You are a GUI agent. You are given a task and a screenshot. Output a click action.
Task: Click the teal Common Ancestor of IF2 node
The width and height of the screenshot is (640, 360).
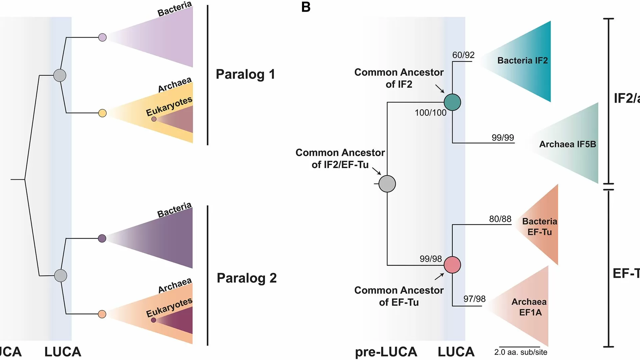click(452, 102)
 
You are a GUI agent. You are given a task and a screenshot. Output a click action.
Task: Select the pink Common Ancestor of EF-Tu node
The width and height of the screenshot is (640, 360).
click(452, 265)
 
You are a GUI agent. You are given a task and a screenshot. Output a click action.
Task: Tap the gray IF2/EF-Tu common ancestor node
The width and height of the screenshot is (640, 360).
click(387, 184)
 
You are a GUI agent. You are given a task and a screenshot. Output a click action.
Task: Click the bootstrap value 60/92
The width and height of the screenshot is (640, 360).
click(463, 55)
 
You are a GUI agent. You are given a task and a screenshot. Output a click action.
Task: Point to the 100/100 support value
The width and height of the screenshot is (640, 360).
click(430, 113)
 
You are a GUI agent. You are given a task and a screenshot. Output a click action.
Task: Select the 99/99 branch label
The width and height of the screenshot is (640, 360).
click(503, 137)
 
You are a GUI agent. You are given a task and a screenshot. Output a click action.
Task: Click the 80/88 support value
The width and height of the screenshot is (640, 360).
click(500, 219)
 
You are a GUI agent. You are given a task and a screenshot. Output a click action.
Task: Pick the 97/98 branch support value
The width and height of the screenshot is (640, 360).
click(474, 299)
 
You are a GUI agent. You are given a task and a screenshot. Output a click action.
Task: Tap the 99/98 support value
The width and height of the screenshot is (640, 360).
click(431, 259)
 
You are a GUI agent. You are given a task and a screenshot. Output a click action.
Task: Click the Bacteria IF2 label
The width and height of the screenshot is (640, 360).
click(522, 60)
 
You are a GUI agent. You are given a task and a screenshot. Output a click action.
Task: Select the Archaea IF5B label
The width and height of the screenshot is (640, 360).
click(567, 144)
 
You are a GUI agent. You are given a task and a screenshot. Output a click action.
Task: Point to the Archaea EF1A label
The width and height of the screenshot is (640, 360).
click(529, 307)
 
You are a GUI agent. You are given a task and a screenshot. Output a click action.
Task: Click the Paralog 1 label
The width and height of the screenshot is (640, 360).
click(245, 74)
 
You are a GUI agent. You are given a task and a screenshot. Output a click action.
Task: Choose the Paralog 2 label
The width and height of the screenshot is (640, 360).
click(247, 278)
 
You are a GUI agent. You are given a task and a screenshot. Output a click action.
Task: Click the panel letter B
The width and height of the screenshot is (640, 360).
click(306, 7)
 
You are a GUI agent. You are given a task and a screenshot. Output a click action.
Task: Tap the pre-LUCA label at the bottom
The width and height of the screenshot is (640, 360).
click(386, 352)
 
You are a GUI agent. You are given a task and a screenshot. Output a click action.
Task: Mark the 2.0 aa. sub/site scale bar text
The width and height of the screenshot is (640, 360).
click(521, 352)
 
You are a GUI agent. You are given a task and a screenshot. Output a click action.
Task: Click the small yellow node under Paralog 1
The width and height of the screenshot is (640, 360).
click(102, 113)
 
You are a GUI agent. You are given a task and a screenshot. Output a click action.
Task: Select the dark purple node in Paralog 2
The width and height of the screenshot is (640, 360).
click(102, 238)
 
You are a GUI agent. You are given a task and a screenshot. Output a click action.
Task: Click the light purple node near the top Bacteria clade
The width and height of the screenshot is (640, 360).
click(102, 37)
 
